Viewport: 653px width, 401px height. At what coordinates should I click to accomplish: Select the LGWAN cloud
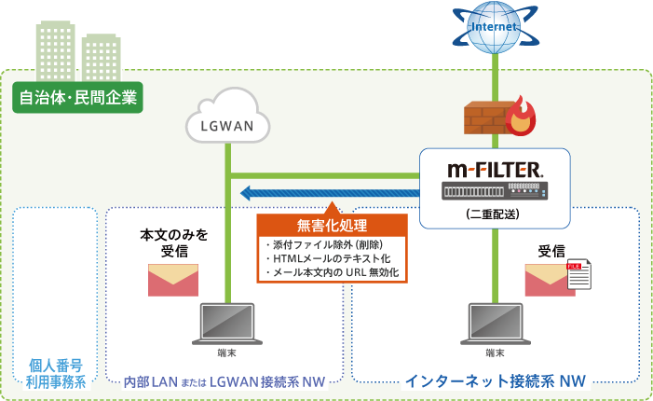227,117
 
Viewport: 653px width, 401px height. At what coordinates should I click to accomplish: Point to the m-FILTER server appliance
493,190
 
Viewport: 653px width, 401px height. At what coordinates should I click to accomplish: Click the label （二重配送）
492,214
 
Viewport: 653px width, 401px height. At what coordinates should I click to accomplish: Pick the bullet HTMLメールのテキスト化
318,258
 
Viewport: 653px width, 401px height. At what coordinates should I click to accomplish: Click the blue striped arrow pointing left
326,193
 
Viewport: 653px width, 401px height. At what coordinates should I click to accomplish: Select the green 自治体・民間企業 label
78,96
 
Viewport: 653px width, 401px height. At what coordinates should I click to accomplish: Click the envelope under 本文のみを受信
173,278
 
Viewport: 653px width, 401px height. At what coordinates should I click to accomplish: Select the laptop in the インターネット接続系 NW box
495,324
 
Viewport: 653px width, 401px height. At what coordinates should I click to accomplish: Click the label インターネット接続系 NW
495,380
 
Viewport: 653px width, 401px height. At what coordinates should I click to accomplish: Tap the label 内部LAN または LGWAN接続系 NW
224,380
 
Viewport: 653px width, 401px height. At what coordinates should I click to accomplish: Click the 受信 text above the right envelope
551,250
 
